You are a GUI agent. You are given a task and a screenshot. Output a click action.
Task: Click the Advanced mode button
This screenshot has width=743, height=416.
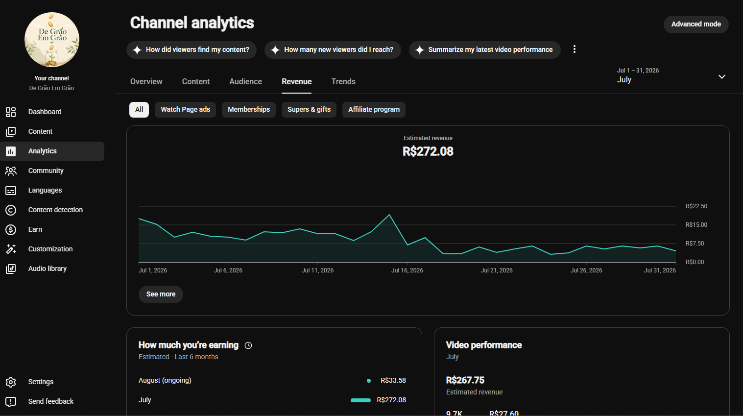696,24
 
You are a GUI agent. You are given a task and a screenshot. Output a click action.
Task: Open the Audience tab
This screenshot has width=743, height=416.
245,82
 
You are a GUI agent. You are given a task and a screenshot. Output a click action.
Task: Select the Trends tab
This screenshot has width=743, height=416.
343,82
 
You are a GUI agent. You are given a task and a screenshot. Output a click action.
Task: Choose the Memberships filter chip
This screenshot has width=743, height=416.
249,109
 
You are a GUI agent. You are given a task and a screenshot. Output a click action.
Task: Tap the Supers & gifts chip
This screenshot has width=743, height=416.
309,109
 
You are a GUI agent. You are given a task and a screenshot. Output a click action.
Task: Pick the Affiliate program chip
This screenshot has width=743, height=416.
374,109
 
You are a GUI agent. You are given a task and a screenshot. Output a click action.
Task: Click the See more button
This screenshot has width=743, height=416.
161,294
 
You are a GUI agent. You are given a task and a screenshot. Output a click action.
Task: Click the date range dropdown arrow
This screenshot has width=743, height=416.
721,76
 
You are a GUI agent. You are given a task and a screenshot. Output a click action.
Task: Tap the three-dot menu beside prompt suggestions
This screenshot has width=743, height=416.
574,49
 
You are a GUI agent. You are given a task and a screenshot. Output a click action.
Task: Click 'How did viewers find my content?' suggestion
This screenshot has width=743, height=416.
192,50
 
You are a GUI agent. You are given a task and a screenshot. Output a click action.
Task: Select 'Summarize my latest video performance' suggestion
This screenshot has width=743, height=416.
484,50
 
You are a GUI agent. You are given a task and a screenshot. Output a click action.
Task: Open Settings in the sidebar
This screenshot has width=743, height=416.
41,382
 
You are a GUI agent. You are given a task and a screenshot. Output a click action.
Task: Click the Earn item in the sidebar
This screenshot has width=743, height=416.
35,230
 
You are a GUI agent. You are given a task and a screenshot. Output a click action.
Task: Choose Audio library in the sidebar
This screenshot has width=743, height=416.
47,269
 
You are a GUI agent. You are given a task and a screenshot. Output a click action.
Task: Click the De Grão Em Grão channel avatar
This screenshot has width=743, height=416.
52,40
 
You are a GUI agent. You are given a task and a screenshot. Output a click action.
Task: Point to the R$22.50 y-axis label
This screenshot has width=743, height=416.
696,206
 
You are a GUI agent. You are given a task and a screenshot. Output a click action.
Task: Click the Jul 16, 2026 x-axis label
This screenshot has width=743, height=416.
407,270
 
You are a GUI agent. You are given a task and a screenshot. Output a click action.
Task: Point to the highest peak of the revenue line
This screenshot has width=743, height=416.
389,215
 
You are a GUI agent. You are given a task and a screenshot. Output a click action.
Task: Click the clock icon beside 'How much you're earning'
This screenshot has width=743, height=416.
248,345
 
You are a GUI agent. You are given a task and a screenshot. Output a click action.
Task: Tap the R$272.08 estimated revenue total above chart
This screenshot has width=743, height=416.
428,151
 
